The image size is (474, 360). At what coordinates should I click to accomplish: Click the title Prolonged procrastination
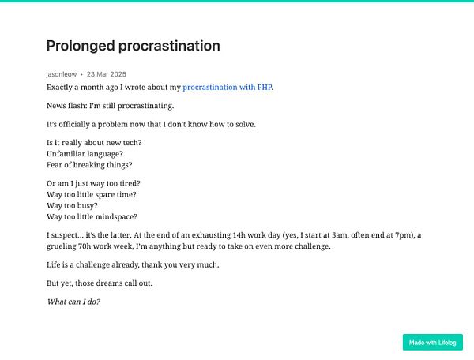pos(133,46)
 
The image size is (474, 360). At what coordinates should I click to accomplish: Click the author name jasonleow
pos(62,73)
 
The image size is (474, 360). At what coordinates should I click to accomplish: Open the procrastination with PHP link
pos(228,87)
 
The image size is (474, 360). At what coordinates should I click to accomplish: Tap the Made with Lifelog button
pos(432,342)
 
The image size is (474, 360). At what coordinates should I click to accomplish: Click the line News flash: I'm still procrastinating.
pos(110,106)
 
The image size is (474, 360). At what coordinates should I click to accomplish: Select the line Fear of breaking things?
pos(89,165)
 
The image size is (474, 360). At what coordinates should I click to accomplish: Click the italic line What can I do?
pos(73,302)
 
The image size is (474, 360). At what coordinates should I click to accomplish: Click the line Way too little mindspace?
pos(92,216)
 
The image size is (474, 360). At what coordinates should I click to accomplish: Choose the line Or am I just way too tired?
pos(93,182)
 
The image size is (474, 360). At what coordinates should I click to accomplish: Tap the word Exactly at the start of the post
pos(62,87)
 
